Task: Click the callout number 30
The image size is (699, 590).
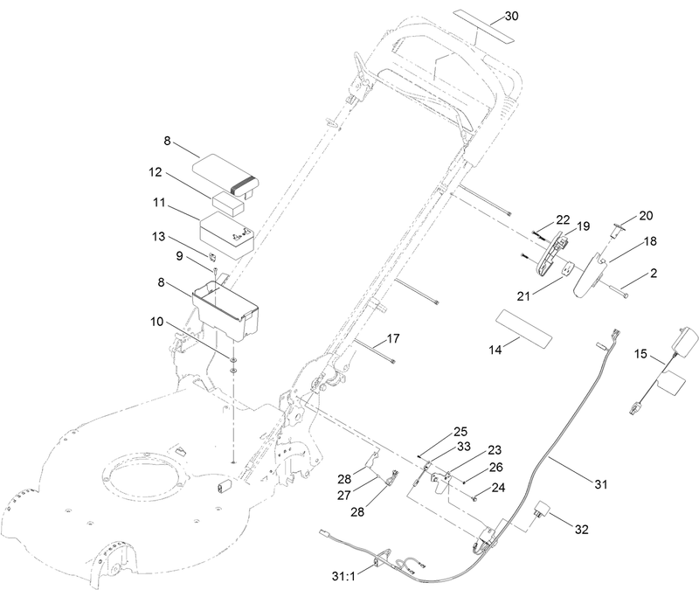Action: tap(512, 16)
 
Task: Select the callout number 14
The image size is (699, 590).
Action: tap(495, 351)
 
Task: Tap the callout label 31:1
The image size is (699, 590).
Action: tap(343, 577)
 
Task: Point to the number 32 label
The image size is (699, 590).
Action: tap(581, 530)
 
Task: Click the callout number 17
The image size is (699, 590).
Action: tap(393, 339)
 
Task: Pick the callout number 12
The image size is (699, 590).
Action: tap(156, 172)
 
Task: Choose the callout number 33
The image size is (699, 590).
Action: tap(463, 447)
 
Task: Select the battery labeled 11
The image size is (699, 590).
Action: tap(226, 235)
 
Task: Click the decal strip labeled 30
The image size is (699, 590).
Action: tap(484, 27)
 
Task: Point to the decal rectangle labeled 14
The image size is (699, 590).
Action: tap(523, 329)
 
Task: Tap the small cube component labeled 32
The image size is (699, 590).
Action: tap(542, 510)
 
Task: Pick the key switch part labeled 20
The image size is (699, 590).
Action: tap(617, 231)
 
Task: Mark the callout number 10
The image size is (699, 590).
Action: tap(157, 322)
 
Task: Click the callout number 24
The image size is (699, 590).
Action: tap(498, 488)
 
